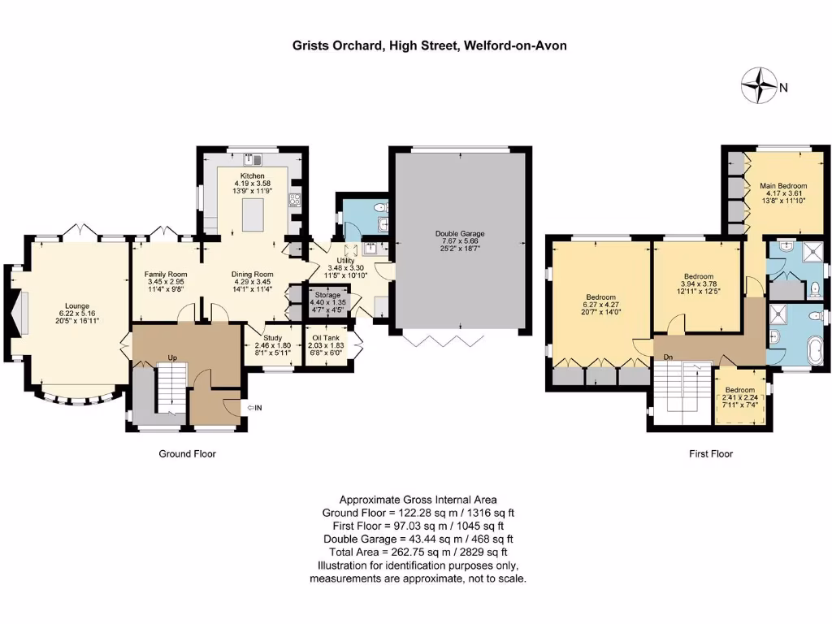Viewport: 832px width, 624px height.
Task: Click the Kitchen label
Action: click(252, 175)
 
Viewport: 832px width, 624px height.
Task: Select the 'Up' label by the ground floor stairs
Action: click(172, 357)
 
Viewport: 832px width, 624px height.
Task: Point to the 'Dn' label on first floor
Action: click(667, 357)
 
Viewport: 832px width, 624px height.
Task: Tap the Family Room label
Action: click(166, 275)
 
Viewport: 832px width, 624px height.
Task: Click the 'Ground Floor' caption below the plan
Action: click(187, 454)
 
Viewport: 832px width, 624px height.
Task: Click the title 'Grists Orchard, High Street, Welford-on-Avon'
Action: click(430, 45)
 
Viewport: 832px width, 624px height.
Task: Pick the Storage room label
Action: click(323, 294)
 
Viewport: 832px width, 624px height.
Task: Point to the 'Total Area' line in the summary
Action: click(418, 552)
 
